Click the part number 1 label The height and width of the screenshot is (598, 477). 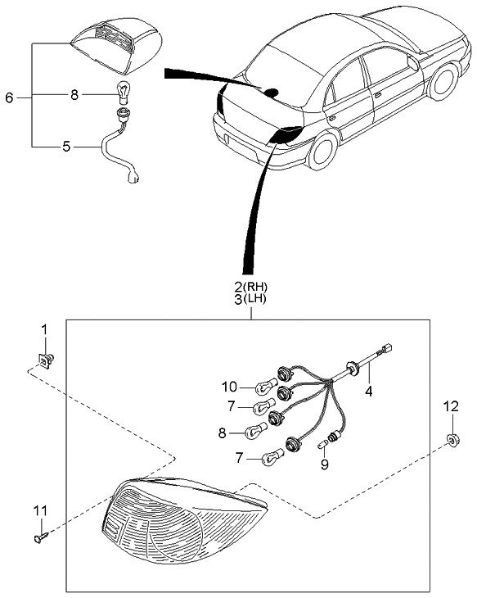pos(45,329)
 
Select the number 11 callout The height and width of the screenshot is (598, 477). pos(39,511)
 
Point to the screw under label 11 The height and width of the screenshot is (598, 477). pos(43,537)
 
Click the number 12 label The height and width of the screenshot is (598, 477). pos(451,405)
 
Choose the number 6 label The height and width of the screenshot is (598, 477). pos(10,97)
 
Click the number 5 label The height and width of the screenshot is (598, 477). pos(66,147)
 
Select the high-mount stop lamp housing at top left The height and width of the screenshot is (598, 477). pos(118,41)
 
